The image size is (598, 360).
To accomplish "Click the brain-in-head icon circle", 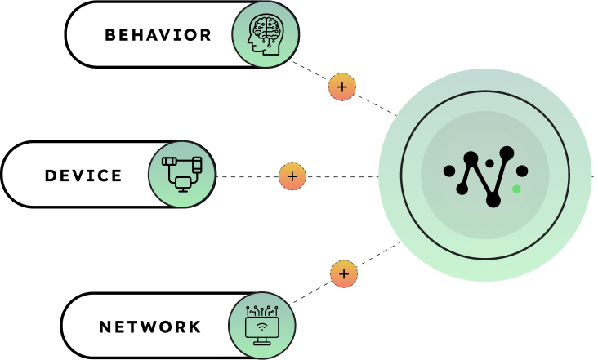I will [x=266, y=34].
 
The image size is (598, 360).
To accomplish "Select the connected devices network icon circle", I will [x=181, y=174].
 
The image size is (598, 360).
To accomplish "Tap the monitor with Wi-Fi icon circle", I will [x=262, y=325].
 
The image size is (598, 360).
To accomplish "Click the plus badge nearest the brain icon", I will [x=342, y=87].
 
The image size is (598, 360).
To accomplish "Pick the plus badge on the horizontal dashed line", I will [x=292, y=176].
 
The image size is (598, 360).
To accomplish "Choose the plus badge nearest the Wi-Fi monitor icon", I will [x=344, y=273].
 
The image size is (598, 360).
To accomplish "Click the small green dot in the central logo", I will [x=516, y=189].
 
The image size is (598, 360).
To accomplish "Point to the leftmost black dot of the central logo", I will [x=449, y=171].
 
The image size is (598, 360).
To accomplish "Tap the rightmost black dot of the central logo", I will [x=522, y=171].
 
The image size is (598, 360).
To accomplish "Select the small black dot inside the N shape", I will [x=489, y=163].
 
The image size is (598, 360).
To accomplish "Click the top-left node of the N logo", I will [x=471, y=158].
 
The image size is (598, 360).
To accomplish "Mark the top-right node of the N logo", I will [x=507, y=153].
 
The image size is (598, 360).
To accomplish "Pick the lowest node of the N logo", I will [x=493, y=200].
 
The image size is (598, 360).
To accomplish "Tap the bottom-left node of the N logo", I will [x=462, y=189].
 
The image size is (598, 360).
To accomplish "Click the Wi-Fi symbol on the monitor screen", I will [x=262, y=327].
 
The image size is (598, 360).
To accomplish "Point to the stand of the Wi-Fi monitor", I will [x=262, y=340].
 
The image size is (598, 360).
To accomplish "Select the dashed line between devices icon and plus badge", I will [x=247, y=176].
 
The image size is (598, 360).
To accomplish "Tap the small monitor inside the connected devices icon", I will [x=183, y=183].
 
